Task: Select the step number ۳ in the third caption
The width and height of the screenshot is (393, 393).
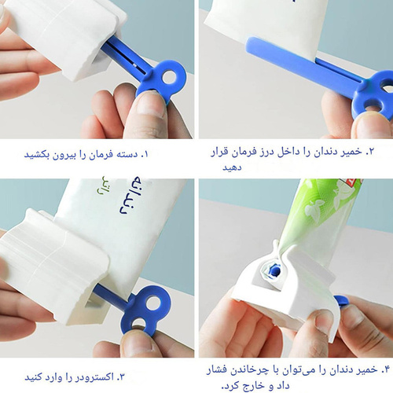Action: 121,377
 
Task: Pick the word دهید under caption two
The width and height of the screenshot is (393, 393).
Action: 232,167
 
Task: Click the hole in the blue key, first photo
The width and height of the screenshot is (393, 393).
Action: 169,77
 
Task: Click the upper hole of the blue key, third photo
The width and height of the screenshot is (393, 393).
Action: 154,303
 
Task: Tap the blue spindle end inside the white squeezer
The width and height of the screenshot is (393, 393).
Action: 274,270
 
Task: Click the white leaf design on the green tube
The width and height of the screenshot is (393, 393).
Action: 314,210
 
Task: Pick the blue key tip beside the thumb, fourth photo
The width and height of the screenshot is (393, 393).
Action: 341,301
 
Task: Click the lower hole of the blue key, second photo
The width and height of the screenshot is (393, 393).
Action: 373,107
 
